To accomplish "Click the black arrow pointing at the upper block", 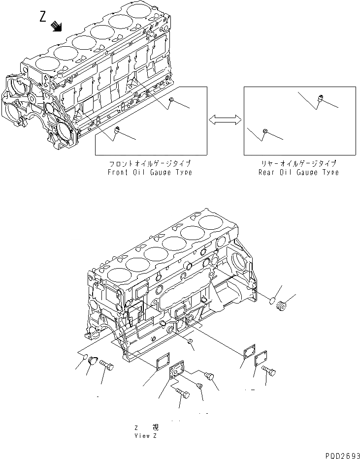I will click(x=57, y=26).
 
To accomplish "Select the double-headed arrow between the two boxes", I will click(x=225, y=120).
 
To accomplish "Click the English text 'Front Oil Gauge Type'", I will click(x=150, y=172).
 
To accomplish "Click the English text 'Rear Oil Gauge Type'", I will click(x=298, y=172).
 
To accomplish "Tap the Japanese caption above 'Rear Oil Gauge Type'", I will click(x=298, y=163).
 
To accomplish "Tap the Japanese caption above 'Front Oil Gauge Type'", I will click(x=150, y=163).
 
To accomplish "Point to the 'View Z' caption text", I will click(x=146, y=436).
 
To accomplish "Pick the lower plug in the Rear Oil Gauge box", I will click(x=265, y=131).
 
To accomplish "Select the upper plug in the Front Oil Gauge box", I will click(x=171, y=100).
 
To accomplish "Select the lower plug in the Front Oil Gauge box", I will click(x=117, y=130).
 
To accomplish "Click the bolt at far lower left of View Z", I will click(x=106, y=365).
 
